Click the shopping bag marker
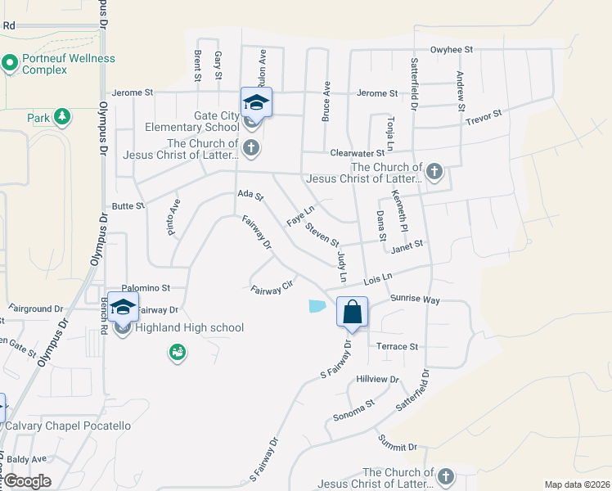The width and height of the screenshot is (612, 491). click(352, 312)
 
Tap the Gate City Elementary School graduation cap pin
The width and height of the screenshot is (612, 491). click(256, 102)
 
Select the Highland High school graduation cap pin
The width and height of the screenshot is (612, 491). click(123, 307)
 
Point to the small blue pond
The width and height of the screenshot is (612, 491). click(317, 306)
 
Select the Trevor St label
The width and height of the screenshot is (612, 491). click(483, 119)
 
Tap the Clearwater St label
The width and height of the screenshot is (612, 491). click(357, 153)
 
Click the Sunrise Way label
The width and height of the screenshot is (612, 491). click(416, 300)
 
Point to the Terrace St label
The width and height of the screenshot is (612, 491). click(397, 347)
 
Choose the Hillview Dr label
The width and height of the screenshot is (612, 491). click(377, 380)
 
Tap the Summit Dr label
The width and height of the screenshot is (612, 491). click(398, 447)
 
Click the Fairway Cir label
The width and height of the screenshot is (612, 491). click(272, 289)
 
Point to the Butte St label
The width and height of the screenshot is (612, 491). click(128, 206)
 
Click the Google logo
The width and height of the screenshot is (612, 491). click(26, 481)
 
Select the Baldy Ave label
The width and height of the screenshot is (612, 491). click(27, 459)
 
